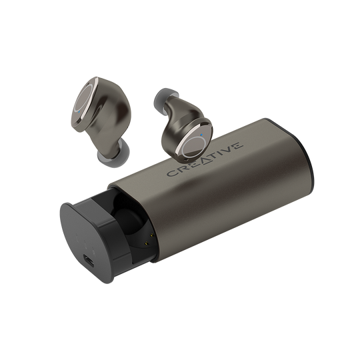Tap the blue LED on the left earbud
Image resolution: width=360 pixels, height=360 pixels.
tap(79, 112)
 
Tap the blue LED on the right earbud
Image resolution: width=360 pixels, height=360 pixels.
tap(201, 135)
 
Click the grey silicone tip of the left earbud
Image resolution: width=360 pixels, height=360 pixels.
tap(113, 154)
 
